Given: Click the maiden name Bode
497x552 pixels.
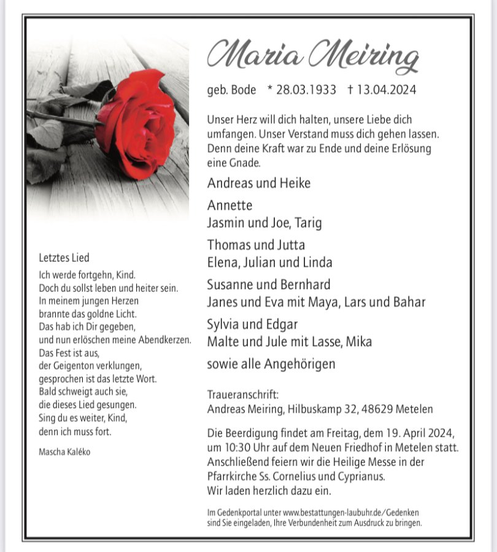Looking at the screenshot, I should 244,90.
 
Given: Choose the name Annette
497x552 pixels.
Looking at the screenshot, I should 229,205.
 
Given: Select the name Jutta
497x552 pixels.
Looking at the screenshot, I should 288,245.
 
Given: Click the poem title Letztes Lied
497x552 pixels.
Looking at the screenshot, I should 64,258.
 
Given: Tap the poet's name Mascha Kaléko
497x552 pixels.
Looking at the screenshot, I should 64,452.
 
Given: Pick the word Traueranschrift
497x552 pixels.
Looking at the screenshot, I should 243,394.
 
